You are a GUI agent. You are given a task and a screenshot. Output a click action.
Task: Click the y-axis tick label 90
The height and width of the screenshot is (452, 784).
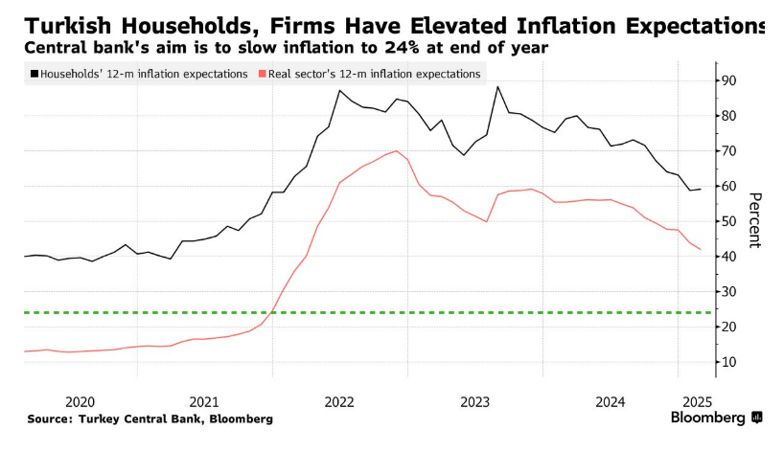tap(728, 80)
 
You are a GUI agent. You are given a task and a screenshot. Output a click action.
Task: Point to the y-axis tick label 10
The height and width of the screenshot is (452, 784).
tap(728, 362)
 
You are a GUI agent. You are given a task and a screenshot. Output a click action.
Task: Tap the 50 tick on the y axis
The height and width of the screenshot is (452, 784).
tap(728, 221)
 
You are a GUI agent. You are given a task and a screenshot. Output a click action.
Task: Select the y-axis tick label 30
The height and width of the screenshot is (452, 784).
tap(728, 292)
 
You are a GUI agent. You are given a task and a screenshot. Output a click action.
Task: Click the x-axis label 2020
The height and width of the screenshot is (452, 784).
tap(80, 402)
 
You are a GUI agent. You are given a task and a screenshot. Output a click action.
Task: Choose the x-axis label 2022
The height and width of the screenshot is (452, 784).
tap(339, 402)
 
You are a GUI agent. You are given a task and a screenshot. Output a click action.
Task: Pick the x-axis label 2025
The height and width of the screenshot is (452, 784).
tap(697, 402)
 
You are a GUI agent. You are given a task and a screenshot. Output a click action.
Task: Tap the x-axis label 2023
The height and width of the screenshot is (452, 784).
tap(474, 402)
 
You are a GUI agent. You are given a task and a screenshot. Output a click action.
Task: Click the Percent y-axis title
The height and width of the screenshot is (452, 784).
tap(754, 220)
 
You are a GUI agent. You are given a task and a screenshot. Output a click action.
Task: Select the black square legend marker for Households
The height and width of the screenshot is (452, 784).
tap(35, 74)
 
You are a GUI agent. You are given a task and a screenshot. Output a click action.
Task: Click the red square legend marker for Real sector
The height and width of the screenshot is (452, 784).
tap(262, 74)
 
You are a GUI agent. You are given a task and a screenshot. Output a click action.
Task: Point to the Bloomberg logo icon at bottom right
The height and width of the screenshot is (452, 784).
tap(757, 417)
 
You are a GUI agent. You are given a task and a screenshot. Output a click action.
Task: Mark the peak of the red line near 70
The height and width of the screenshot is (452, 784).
tap(397, 151)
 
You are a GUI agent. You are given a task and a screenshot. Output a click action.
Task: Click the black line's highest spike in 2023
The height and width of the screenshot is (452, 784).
tap(497, 87)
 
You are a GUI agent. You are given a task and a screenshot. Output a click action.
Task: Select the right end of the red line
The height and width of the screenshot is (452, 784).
tap(701, 249)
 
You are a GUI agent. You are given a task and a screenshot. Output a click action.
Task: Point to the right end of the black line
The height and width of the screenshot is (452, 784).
tap(701, 189)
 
